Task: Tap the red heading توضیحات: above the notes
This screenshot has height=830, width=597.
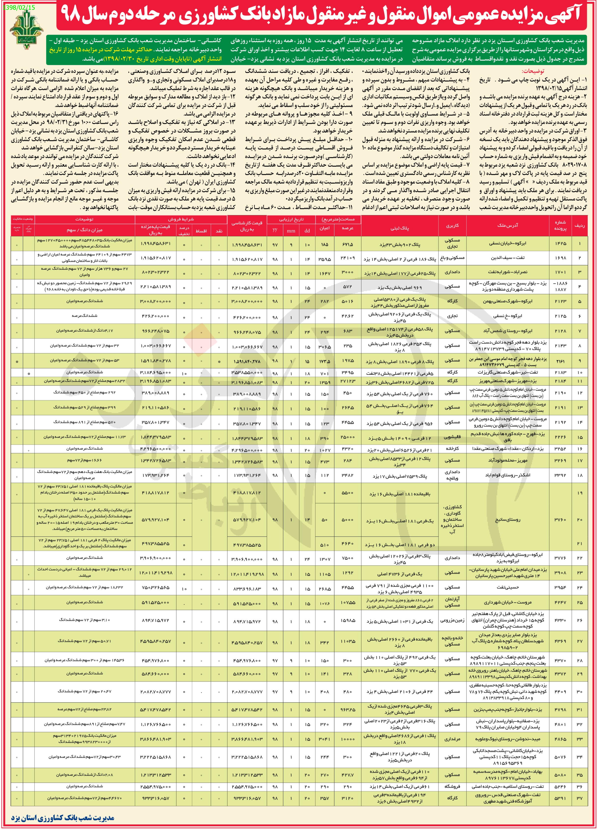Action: tap(533, 71)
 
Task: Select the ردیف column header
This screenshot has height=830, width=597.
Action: tap(579, 226)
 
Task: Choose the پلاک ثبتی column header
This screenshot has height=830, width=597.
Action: tap(399, 228)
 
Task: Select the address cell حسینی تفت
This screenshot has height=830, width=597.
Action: tap(508, 587)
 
